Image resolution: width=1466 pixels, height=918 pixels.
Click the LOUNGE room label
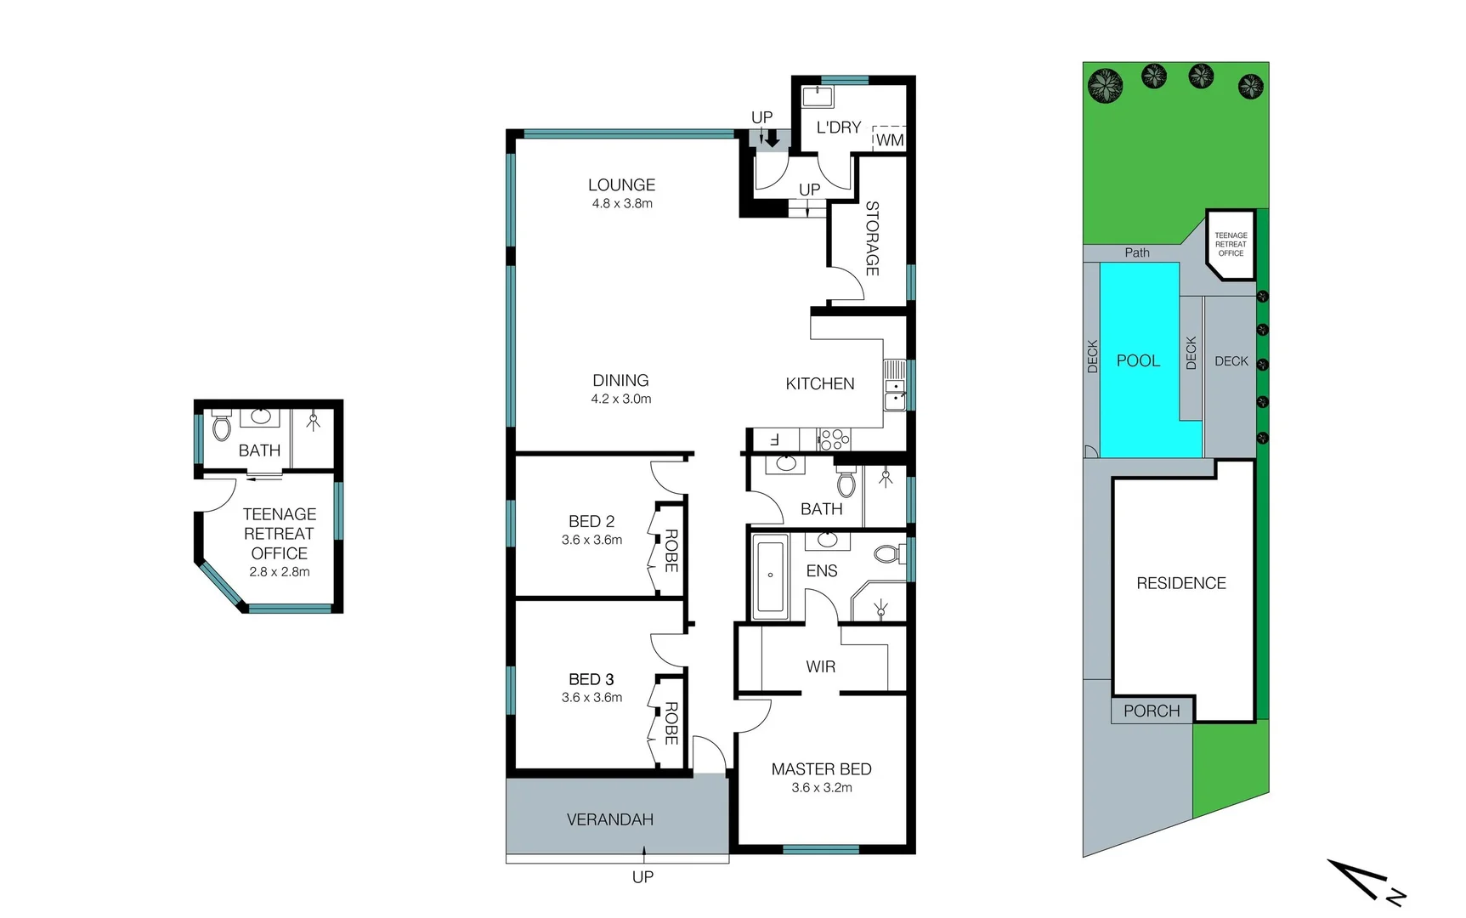point(621,185)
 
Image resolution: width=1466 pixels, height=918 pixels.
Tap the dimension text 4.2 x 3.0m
point(621,399)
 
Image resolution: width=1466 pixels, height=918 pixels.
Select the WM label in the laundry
point(890,140)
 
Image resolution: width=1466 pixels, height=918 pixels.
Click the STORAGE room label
point(872,238)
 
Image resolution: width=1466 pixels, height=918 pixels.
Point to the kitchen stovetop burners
point(834,439)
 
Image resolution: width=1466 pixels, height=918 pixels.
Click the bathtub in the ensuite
point(771,575)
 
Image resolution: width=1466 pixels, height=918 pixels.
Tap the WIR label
point(820,667)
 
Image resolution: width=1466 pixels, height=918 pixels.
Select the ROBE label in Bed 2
point(671,550)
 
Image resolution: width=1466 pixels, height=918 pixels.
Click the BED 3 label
point(591,679)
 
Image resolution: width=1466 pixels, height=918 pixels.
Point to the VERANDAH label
point(609,819)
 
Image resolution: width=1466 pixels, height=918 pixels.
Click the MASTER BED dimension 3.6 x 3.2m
point(821,788)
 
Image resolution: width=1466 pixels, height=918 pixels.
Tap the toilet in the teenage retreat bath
point(222,426)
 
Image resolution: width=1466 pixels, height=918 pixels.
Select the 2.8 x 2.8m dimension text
point(279,572)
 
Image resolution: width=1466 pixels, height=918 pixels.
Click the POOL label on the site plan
point(1138,360)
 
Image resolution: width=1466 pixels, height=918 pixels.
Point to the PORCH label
point(1152,711)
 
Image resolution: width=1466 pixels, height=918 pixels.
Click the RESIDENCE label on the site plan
point(1181,583)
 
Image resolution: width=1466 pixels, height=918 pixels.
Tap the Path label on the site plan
point(1137,252)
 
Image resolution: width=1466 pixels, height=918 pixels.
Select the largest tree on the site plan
point(1105,86)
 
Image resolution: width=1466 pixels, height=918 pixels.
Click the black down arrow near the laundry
point(772,138)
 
